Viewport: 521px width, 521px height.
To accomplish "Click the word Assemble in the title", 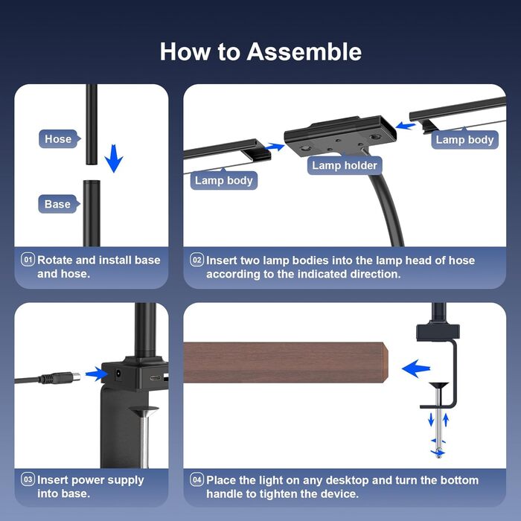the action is pyautogui.click(x=304, y=51).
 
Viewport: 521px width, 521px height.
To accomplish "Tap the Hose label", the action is pyautogui.click(x=59, y=139).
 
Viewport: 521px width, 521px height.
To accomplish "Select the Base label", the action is pyautogui.click(x=59, y=204).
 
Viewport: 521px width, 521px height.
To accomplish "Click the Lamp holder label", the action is pyautogui.click(x=345, y=165).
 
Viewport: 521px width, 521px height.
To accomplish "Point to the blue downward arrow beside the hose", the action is pyautogui.click(x=114, y=159).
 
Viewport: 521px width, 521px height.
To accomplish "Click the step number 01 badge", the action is pyautogui.click(x=28, y=260).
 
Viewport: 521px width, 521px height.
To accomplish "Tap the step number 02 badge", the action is pyautogui.click(x=196, y=260).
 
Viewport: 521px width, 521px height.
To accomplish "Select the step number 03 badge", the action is pyautogui.click(x=28, y=479).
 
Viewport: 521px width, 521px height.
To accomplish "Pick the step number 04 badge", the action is pyautogui.click(x=196, y=479).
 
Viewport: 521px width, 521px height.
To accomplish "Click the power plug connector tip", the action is pyautogui.click(x=76, y=377).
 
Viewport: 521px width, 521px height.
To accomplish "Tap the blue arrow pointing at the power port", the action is pyautogui.click(x=96, y=374).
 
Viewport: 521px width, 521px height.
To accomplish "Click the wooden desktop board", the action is pyautogui.click(x=286, y=362).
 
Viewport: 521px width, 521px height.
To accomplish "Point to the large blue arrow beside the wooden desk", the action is pyautogui.click(x=415, y=368).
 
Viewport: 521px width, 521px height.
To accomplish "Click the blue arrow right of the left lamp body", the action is pyautogui.click(x=275, y=146).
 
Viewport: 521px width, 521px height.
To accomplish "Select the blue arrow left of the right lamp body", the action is pyautogui.click(x=406, y=126).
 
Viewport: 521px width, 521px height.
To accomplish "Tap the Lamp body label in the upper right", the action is pyautogui.click(x=464, y=140).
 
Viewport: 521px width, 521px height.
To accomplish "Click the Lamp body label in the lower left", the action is pyautogui.click(x=223, y=180).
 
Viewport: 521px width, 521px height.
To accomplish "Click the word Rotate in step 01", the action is pyautogui.click(x=55, y=260).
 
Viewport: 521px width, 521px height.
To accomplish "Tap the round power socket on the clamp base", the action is pyautogui.click(x=118, y=374).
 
